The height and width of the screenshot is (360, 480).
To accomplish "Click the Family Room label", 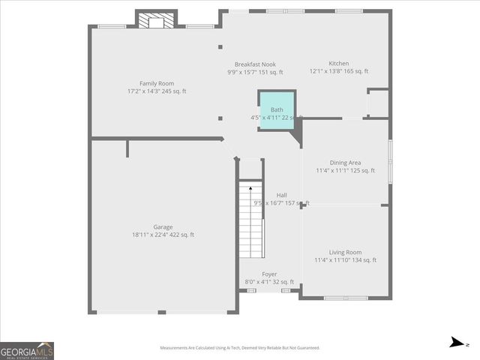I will click(156, 83).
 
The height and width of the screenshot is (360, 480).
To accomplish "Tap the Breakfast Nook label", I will click(255, 64).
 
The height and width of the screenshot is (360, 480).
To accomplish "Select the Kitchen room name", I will click(338, 64).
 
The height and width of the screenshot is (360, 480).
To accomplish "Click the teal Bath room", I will click(277, 111).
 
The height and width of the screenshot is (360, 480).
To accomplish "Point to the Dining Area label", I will click(345, 163).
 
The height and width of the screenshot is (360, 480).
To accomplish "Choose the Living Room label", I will click(345, 253).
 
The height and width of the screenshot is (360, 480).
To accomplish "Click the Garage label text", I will click(163, 227).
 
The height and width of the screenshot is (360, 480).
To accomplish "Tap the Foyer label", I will click(269, 274).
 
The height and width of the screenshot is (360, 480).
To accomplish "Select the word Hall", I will click(281, 195).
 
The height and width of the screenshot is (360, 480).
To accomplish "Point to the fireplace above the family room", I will click(156, 19).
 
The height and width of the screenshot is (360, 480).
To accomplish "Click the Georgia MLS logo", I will click(27, 350).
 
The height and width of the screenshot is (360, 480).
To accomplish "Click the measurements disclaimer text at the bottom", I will click(239, 348).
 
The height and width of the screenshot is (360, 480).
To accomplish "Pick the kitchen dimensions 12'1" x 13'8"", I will click(338, 72).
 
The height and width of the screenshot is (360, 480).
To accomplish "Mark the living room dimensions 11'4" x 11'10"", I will click(345, 261).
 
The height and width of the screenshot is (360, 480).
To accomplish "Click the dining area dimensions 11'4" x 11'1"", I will click(345, 171).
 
